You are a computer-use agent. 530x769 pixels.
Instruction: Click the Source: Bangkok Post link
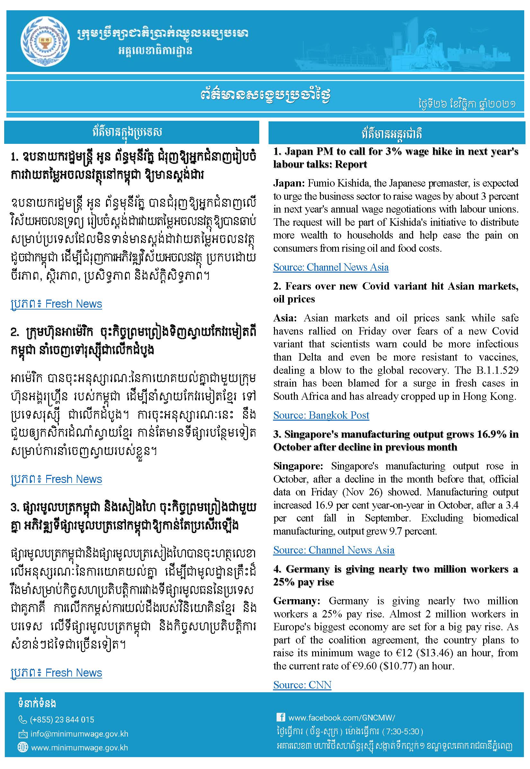(x=321, y=415)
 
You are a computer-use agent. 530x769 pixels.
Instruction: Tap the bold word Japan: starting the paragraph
(x=288, y=183)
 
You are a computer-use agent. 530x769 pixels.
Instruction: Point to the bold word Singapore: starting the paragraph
(x=297, y=466)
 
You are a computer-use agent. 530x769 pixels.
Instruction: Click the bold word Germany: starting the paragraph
(x=296, y=601)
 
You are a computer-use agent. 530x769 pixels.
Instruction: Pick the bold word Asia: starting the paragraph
(x=285, y=318)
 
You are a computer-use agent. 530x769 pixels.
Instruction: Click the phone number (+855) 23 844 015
(x=62, y=720)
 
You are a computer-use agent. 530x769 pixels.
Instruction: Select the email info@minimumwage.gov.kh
(x=79, y=734)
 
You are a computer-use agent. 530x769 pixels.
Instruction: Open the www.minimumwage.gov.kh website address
(x=79, y=747)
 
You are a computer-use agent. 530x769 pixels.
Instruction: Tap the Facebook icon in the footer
(x=281, y=717)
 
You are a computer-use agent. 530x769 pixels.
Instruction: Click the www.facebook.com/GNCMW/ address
(x=341, y=718)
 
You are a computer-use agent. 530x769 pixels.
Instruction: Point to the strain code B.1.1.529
(x=497, y=370)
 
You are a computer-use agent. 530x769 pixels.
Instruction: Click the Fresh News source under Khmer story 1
(x=73, y=304)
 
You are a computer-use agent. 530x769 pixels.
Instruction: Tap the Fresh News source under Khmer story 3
(x=73, y=673)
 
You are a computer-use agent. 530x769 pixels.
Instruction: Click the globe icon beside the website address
(x=22, y=747)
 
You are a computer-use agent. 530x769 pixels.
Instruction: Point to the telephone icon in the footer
(x=22, y=720)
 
